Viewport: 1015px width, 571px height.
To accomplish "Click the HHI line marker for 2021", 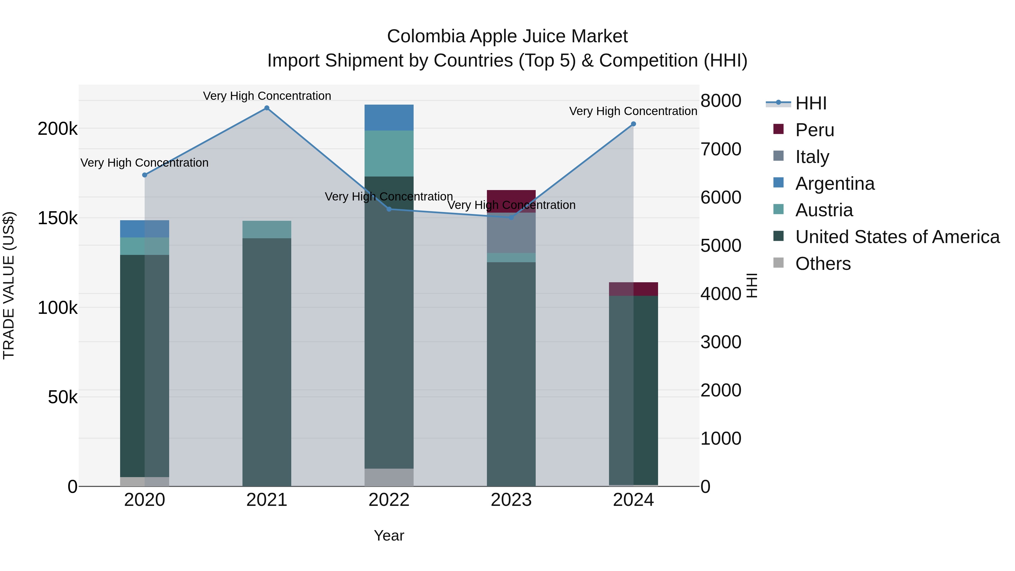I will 267,108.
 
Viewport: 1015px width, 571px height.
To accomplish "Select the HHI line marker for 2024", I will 633,124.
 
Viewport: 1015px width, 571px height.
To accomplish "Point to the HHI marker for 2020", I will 145,175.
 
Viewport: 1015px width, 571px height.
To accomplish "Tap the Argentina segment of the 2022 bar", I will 389,117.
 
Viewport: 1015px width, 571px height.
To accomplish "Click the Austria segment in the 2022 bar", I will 389,153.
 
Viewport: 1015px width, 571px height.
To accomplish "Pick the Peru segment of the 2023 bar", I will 511,201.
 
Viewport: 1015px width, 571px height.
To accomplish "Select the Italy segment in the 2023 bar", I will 511,233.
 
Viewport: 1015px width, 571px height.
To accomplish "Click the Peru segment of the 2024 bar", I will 633,289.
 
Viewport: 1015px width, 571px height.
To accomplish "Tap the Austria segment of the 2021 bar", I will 267,229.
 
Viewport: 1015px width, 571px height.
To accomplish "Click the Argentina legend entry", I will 835,184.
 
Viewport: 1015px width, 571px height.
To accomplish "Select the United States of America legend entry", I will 897,237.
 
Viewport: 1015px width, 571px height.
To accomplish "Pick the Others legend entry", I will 823,264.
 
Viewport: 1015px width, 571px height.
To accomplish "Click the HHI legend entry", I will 811,103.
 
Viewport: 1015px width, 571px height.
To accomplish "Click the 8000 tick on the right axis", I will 721,101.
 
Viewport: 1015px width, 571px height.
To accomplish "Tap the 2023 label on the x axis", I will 511,500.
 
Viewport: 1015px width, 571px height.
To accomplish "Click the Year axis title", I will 389,535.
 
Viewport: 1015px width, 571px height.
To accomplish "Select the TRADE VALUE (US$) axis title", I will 9,285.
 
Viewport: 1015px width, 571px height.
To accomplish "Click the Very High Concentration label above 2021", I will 267,96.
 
